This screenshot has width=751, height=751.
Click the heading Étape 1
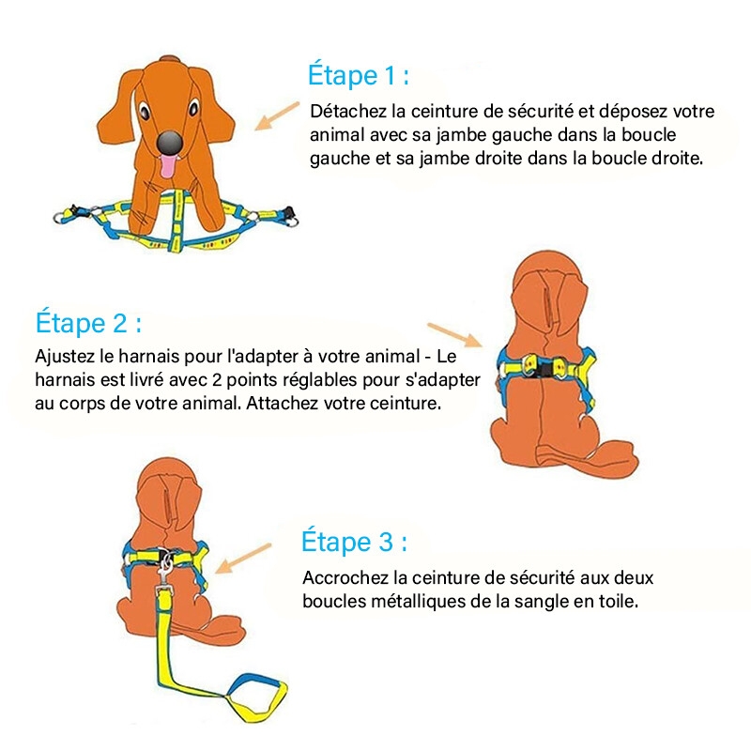pos(359,75)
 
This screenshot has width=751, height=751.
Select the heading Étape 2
pos(88,322)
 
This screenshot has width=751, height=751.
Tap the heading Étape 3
pos(355,542)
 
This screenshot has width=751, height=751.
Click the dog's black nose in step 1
pos(171,142)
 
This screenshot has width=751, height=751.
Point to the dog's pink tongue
pos(168,166)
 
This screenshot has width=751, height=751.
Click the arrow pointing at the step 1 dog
pos(277,115)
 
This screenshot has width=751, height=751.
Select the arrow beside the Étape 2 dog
pos(454,334)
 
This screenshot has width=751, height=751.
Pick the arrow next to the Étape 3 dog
pos(243,558)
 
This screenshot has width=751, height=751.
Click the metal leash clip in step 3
pos(166,569)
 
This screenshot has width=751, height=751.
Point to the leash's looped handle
pos(257,697)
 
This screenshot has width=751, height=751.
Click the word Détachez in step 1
pos(347,111)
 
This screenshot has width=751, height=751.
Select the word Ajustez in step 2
pos(65,358)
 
